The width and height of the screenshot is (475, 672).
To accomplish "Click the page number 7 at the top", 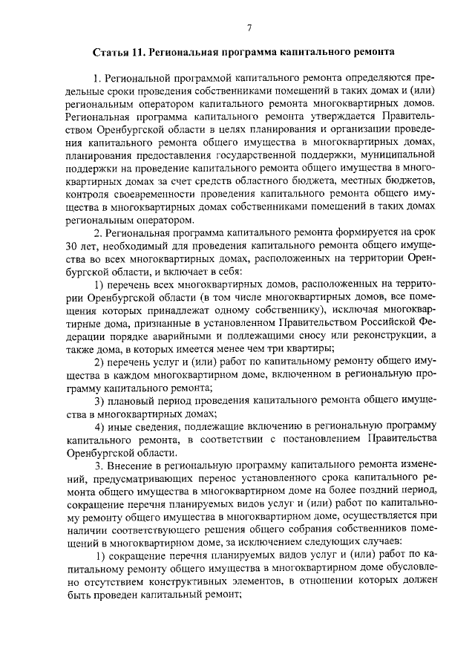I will point(249,28).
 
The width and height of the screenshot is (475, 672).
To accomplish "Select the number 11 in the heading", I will point(140,54).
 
